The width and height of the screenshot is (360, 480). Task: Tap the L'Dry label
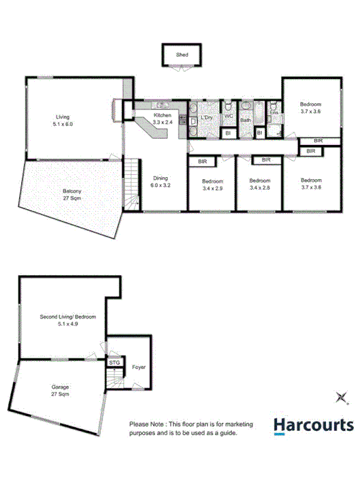(208, 117)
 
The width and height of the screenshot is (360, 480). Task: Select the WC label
(229, 115)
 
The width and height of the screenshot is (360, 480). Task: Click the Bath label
(245, 120)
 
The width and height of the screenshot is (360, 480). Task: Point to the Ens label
(274, 112)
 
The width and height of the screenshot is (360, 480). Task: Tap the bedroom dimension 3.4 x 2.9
(213, 188)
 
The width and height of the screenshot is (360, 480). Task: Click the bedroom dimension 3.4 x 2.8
(260, 188)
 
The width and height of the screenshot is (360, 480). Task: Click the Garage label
(60, 387)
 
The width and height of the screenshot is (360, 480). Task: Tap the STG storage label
(115, 363)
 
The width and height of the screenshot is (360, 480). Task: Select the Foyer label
(139, 367)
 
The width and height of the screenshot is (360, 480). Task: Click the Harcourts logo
(314, 425)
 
